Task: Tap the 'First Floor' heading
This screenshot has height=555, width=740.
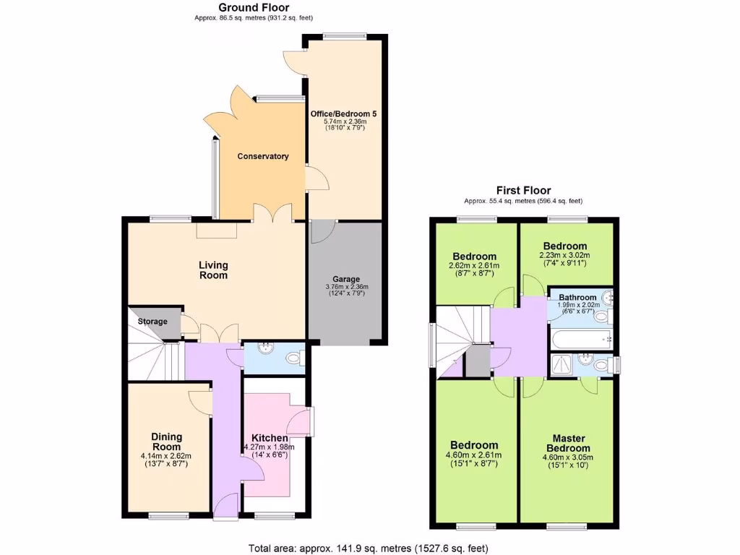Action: [x=522, y=191]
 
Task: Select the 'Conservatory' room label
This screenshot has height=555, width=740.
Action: [x=263, y=156]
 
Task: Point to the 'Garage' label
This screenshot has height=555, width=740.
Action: [x=346, y=279]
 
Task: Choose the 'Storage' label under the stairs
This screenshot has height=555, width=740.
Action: [x=152, y=322]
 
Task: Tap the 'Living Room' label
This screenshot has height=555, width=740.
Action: [x=213, y=270]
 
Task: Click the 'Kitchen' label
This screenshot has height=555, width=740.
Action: [x=270, y=438]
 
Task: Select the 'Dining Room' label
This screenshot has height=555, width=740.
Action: [x=166, y=442]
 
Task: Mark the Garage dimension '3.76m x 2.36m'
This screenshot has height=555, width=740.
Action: [x=346, y=287]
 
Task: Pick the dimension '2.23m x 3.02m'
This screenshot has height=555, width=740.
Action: [x=565, y=254]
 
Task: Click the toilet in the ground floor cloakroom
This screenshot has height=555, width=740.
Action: [x=294, y=358]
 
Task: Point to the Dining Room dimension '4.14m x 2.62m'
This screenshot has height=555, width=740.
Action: [x=166, y=456]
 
